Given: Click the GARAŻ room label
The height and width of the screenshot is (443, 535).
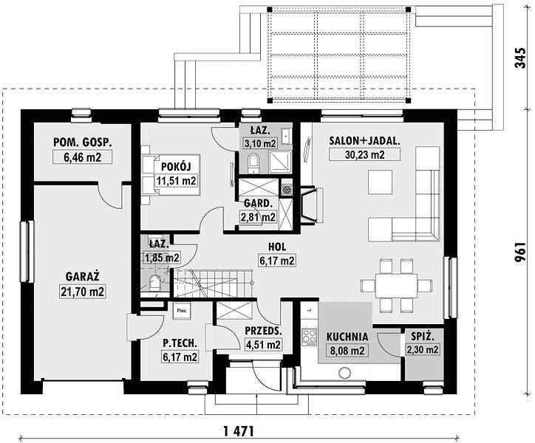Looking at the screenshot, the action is (83, 276).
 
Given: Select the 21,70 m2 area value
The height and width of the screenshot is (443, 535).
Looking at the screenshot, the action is (83, 292).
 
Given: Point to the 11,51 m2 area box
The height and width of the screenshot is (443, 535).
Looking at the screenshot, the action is (177, 181).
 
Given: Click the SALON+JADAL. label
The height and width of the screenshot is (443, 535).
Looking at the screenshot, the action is (364, 141).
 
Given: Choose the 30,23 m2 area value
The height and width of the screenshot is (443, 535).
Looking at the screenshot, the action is (365, 155).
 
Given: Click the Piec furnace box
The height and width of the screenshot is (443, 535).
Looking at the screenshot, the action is (181, 311).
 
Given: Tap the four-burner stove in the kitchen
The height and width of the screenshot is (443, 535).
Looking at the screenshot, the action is (310, 337).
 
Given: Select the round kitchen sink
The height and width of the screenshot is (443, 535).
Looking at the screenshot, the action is (344, 372).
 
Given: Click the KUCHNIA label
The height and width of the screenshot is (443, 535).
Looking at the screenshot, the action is (347, 337).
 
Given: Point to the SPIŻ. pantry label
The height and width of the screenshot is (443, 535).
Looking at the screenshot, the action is (423, 337).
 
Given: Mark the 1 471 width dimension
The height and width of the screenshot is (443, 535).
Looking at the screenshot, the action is (239, 431).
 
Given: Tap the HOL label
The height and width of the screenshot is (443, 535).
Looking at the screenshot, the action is (277, 247).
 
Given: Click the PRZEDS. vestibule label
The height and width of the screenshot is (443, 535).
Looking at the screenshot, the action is (263, 331).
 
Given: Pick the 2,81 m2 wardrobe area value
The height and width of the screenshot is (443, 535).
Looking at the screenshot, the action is (259, 217).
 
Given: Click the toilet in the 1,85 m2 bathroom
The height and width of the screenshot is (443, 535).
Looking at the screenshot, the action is (154, 283).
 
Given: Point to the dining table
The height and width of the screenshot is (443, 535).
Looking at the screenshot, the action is (396, 286).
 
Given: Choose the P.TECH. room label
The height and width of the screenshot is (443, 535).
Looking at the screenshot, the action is (180, 343).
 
